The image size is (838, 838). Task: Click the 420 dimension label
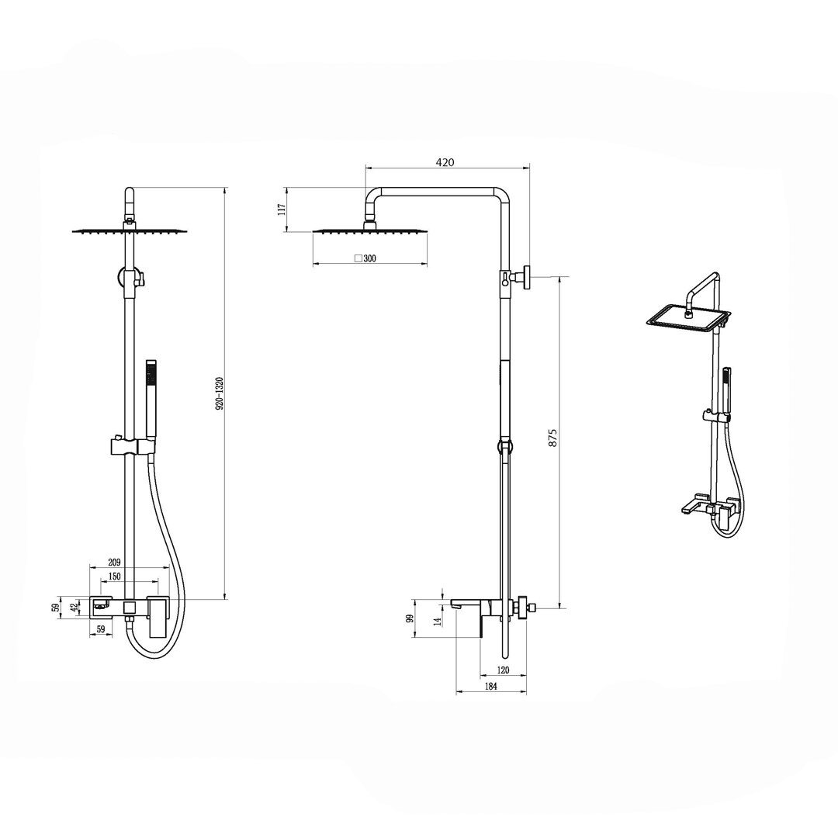[445, 162]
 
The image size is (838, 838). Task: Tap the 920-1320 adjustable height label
[219, 393]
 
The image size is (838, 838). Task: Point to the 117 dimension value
[282, 209]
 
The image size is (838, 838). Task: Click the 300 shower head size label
[369, 258]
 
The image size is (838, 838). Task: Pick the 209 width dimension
[114, 563]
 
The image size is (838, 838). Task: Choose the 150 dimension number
[114, 576]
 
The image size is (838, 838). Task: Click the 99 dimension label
[410, 619]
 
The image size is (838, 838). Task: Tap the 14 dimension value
[437, 621]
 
